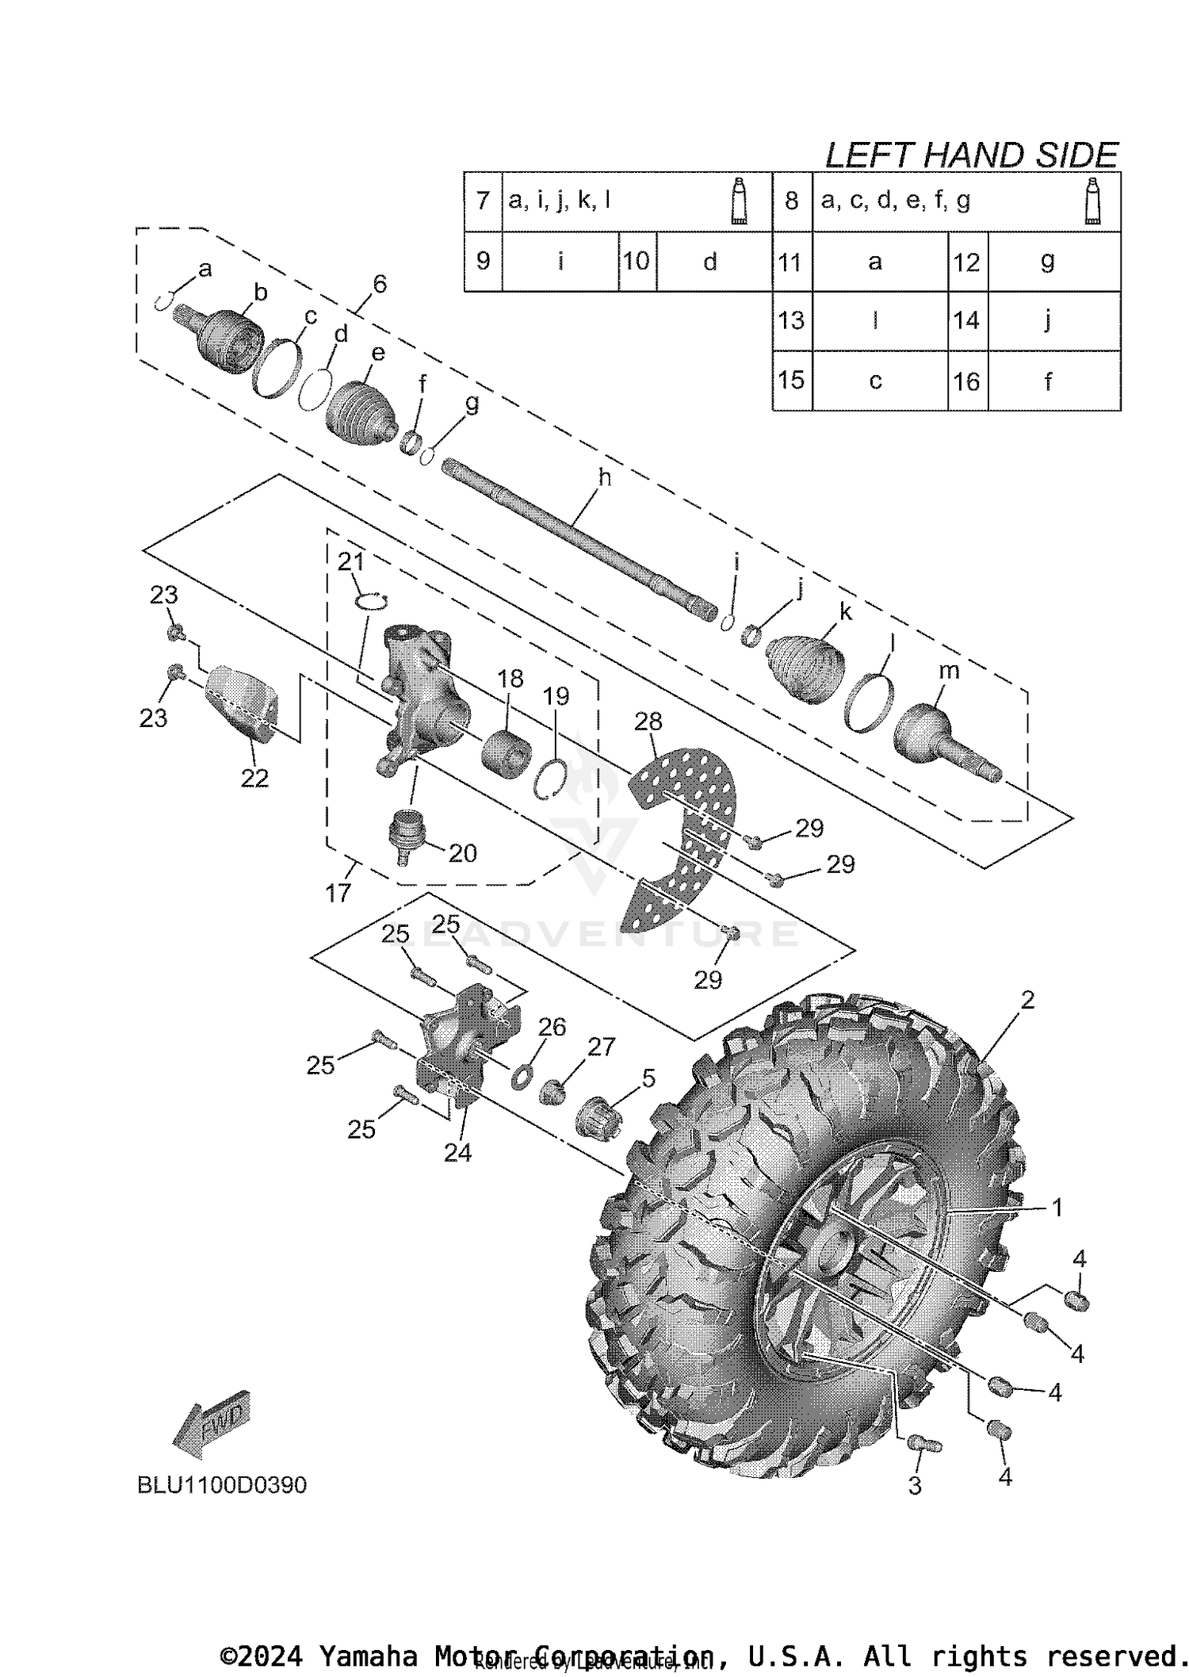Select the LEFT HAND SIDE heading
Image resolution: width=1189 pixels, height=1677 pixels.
click(971, 155)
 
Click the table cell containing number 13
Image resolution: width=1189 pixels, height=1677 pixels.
click(792, 321)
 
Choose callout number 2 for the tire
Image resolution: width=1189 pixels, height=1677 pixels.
click(1027, 1000)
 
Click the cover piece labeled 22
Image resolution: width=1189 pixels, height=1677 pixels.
click(242, 701)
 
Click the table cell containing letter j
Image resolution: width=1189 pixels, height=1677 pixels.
click(1047, 321)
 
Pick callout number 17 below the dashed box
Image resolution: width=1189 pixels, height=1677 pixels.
click(338, 893)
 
